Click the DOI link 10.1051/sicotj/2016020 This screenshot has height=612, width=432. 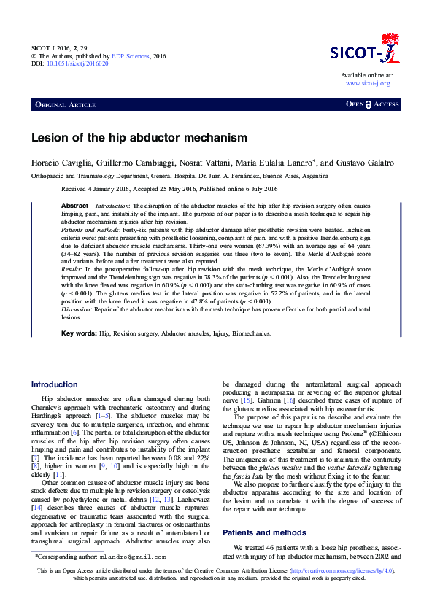77,63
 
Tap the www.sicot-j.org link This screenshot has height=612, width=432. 369,84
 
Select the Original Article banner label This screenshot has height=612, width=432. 65,105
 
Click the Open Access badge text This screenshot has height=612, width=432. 372,105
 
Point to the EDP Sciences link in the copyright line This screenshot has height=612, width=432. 131,55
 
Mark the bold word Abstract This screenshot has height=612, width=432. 75,206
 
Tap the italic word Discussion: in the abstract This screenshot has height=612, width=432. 77,310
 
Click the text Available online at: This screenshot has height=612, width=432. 366,75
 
